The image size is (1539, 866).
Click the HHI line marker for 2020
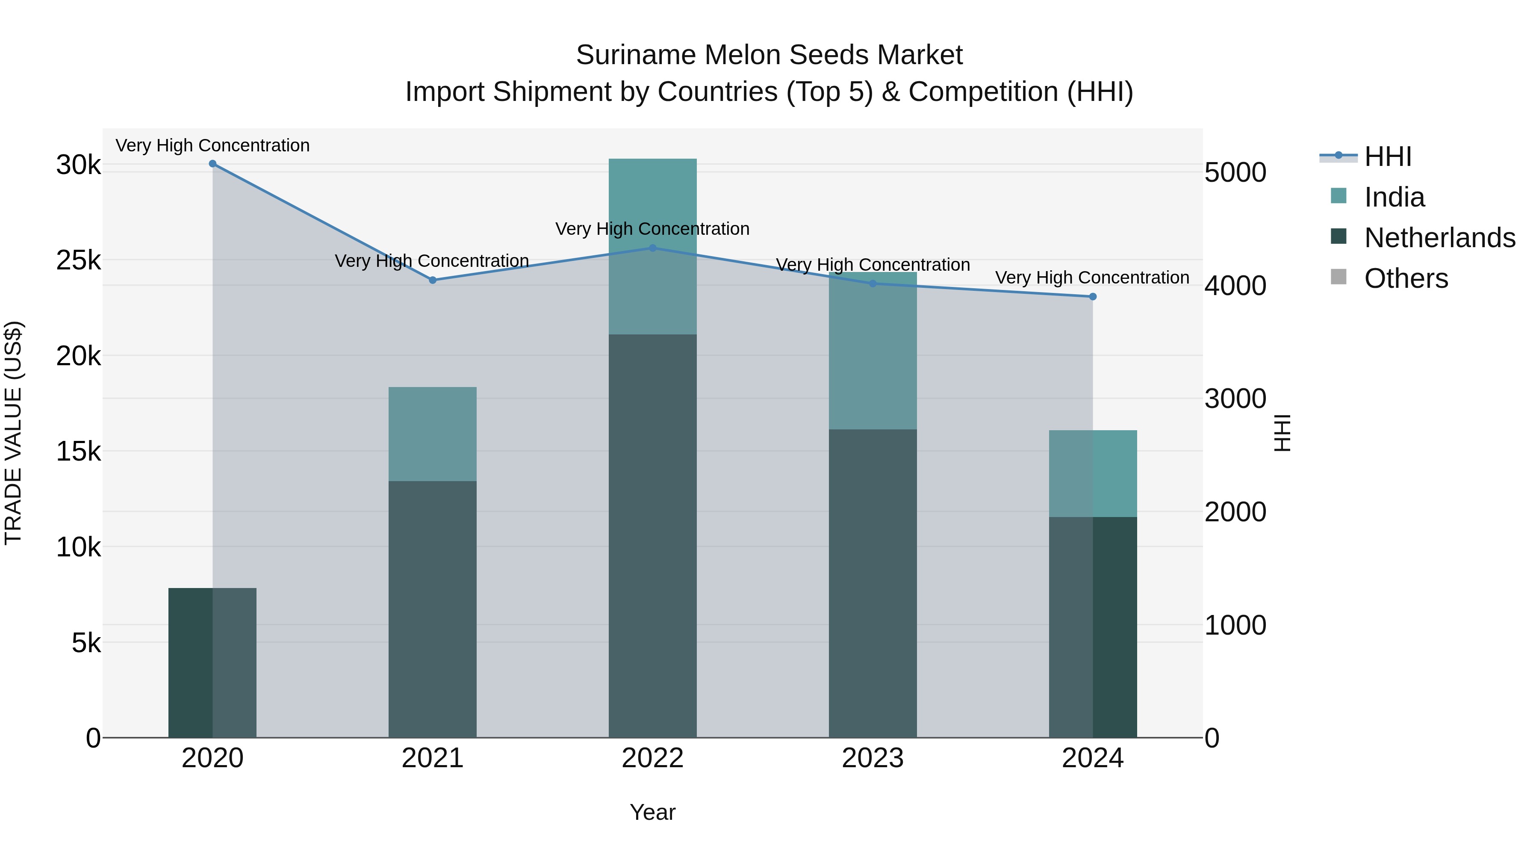coord(213,164)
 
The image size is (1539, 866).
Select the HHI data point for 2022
coord(652,248)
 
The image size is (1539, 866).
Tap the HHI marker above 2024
coord(1093,296)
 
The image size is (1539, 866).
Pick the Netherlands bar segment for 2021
coord(433,609)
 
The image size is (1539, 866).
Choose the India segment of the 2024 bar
coord(1093,473)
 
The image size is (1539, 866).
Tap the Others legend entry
coord(1406,278)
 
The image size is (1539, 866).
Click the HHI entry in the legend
coord(1387,157)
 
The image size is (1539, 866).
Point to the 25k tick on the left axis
coord(78,260)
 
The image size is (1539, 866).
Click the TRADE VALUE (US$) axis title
coord(13,433)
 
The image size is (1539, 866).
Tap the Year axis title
coord(652,812)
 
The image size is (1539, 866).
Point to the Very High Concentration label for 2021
coord(431,261)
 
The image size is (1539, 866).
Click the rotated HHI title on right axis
coord(1282,433)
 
